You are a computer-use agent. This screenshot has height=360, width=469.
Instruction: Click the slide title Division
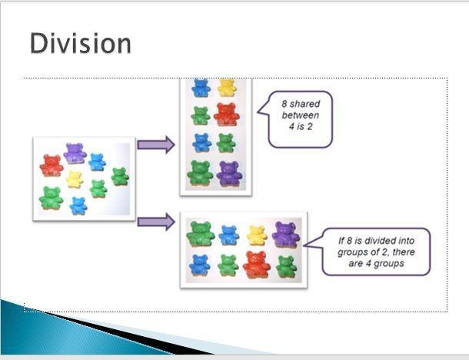pos(81,44)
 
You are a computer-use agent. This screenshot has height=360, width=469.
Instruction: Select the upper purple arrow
pos(156,145)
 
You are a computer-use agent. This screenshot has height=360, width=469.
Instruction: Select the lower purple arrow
pos(156,222)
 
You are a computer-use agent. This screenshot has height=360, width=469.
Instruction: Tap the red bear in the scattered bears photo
pos(52,165)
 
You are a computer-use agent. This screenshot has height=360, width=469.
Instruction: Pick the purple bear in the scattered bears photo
pos(75,154)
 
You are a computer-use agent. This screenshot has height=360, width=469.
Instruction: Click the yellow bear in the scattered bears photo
pos(74,179)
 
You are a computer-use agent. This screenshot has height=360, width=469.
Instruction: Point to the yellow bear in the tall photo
pos(227,87)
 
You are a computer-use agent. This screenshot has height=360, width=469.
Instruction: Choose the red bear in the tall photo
pos(227,115)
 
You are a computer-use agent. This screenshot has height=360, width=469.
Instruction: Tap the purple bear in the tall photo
pos(229,174)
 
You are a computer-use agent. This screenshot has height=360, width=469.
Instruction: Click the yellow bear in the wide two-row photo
pos(257,235)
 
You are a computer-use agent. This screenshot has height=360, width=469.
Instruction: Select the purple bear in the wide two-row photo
pos(286,235)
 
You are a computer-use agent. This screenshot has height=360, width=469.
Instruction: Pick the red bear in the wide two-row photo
pos(257,265)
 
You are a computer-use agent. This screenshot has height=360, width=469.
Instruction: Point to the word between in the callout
pos(301,115)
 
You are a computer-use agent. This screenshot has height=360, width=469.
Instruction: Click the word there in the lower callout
pos(404,252)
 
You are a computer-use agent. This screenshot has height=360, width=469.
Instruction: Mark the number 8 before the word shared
pos(284,104)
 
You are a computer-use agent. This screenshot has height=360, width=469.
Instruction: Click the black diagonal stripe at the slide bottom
pos(128,333)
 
